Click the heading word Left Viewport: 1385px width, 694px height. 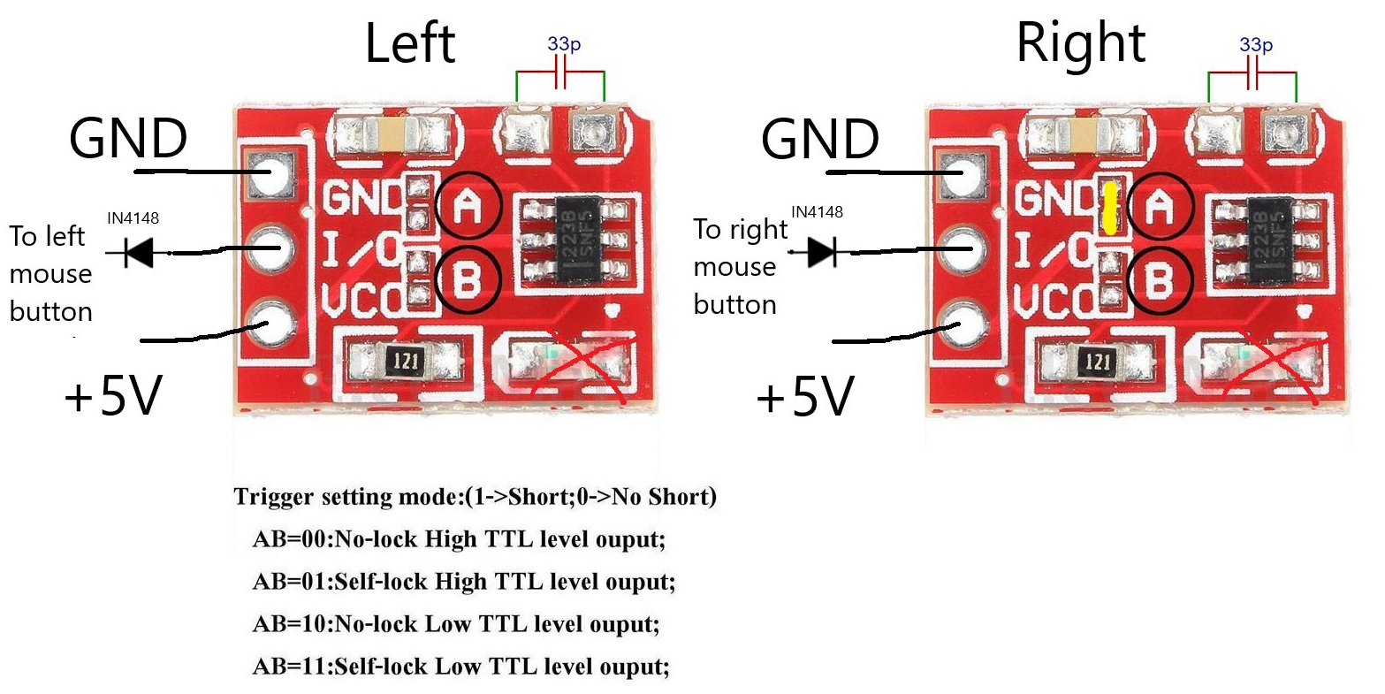click(x=409, y=44)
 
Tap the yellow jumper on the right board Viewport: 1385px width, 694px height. click(x=1107, y=208)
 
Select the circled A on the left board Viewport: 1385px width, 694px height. click(x=468, y=205)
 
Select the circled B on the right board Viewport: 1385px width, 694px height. click(x=1159, y=280)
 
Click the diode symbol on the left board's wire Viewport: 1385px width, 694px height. click(x=138, y=253)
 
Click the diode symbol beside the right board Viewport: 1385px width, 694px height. click(x=821, y=253)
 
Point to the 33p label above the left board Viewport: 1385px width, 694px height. click(x=564, y=44)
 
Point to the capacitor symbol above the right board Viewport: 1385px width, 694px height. click(x=1252, y=76)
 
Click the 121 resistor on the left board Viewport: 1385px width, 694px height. click(x=406, y=361)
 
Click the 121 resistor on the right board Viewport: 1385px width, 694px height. click(x=1097, y=361)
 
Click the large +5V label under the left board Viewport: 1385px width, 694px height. click(x=113, y=398)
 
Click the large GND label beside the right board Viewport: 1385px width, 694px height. click(x=819, y=140)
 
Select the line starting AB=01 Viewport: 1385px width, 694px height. click(x=463, y=582)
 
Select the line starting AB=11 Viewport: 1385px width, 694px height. click(x=460, y=666)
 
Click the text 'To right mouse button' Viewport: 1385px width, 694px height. click(x=739, y=267)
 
